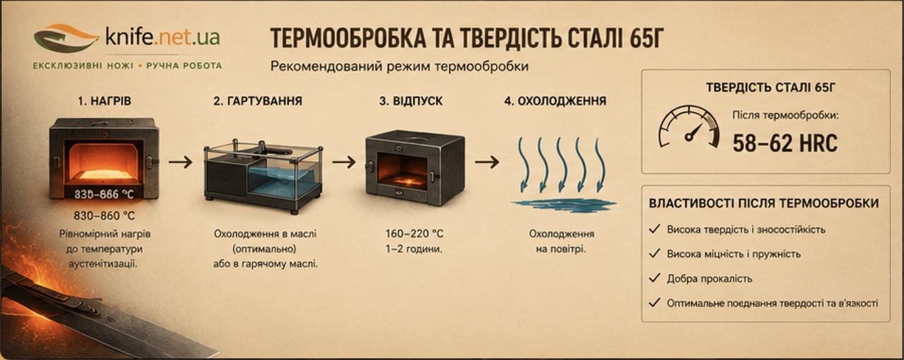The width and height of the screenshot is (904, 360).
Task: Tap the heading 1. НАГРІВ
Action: click(105, 101)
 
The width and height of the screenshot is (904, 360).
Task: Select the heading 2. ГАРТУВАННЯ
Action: click(258, 101)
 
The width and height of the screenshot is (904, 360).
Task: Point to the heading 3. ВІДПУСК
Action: click(411, 101)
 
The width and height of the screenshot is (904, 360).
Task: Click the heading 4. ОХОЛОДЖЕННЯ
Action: click(555, 101)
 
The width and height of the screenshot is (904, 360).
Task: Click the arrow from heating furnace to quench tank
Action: click(180, 162)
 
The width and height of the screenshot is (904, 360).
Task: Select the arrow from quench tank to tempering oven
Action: click(344, 162)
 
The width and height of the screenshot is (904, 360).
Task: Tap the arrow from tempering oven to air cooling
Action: click(487, 162)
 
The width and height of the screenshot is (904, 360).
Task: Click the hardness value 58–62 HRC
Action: click(785, 143)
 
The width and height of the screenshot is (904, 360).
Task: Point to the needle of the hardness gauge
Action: click(694, 132)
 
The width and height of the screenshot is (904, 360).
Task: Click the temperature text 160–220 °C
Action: click(414, 234)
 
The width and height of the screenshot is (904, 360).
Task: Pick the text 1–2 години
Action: click(414, 249)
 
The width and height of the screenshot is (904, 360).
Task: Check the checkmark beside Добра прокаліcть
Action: click(655, 278)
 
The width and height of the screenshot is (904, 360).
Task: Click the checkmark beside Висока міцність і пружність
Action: click(655, 253)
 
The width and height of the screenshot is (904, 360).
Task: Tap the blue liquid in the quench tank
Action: click(282, 181)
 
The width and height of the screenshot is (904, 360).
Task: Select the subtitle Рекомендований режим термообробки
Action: click(400, 66)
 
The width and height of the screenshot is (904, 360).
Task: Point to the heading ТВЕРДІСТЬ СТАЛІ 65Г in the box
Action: click(771, 88)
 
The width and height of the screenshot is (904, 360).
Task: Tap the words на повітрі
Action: click(561, 249)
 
